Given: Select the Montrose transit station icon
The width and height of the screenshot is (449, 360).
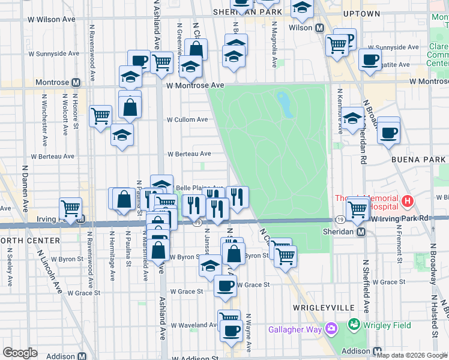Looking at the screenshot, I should coord(76,83).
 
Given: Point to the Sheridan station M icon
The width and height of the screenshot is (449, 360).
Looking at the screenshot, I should coord(361,232).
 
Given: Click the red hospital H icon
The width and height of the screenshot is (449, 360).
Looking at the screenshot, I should coord(408,200).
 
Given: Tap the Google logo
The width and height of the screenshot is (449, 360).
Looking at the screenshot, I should coord(20,353).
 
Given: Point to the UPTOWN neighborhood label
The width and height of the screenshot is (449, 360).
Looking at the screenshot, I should coord(361,13).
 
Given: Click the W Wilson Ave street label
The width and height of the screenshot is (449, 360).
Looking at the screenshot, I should coord(52,19).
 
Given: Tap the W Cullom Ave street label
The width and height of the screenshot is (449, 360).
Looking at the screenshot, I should coord(187,120).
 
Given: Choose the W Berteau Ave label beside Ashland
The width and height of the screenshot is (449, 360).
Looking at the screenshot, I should coord(189,154).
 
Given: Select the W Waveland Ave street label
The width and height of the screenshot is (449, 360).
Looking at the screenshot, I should coord(193,325).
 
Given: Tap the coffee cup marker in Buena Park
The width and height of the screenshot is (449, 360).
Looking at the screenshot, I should coord(388,133).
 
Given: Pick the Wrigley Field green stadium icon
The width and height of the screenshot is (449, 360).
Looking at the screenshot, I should coord(354,325).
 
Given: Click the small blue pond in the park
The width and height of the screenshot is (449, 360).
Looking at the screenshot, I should coord(285,104).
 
